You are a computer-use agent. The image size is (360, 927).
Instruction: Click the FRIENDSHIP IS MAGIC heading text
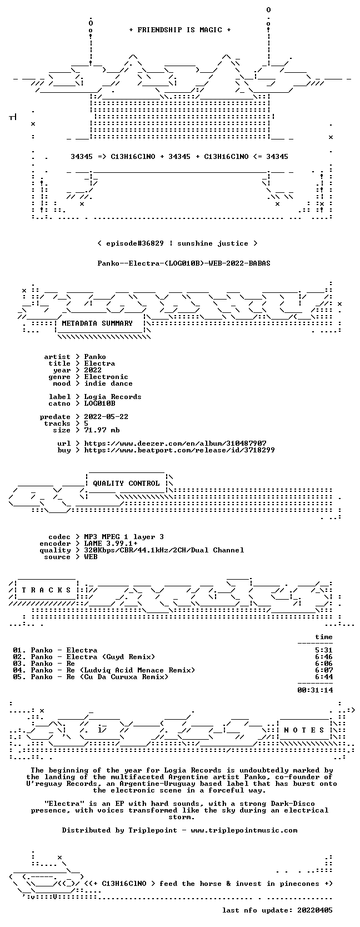point(180,30)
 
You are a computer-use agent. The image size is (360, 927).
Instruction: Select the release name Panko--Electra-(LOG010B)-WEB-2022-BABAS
point(184,263)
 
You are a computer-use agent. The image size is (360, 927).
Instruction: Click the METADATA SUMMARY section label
point(97,323)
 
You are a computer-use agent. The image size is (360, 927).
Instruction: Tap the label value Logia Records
point(113,397)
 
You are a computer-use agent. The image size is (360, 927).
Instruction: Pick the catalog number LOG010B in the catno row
point(100,403)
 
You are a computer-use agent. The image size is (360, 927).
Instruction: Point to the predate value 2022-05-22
point(106,417)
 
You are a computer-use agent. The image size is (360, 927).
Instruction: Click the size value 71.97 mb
point(102,430)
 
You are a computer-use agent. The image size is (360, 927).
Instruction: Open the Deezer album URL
point(176,443)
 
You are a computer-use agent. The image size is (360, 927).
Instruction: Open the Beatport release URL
point(179,450)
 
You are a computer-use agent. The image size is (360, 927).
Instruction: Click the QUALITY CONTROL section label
point(126,484)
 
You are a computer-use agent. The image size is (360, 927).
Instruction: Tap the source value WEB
point(91,557)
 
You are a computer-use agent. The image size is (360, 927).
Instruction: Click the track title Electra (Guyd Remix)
point(111,657)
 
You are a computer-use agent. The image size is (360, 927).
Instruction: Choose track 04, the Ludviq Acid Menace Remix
point(104,670)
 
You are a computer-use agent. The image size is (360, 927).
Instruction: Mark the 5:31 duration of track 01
point(324,650)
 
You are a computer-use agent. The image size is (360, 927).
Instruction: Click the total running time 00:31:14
point(316,690)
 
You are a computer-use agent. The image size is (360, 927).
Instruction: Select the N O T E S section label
point(304,730)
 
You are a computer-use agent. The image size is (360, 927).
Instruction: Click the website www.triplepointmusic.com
point(244,830)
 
